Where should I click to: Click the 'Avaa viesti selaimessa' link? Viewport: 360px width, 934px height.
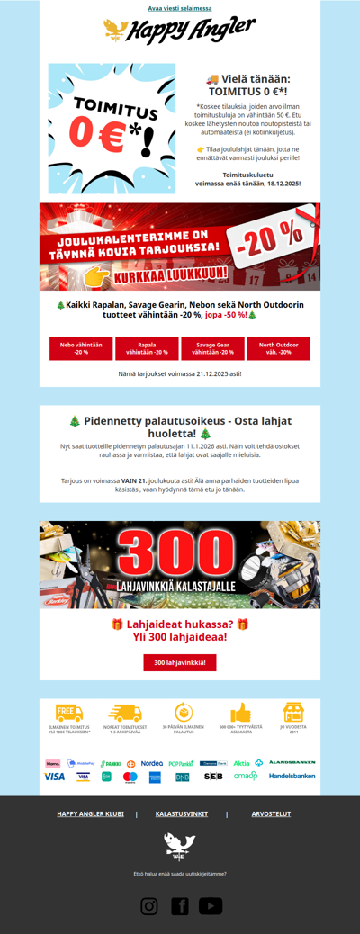coord(179,8)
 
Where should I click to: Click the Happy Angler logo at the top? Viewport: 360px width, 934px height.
coord(179,31)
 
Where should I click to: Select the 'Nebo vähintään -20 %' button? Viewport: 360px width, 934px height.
coord(81,348)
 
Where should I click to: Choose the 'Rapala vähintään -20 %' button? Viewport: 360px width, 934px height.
coord(147,348)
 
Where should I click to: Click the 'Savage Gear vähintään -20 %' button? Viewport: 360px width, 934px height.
coord(212,348)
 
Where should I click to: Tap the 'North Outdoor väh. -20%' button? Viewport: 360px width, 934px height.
coord(278,348)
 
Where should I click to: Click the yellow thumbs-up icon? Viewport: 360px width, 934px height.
coord(239,713)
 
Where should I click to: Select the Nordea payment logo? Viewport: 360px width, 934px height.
coord(152,763)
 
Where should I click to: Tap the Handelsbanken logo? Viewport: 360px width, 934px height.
coord(292,776)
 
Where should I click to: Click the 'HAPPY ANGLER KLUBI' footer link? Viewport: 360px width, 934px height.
coord(90,813)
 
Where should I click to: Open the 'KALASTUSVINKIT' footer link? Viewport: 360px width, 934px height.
coord(182,813)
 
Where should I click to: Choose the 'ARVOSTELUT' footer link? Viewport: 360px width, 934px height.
coord(271,813)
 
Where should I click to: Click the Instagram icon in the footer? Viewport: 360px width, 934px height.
coord(149,906)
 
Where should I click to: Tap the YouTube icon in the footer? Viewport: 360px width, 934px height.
coord(211,906)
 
